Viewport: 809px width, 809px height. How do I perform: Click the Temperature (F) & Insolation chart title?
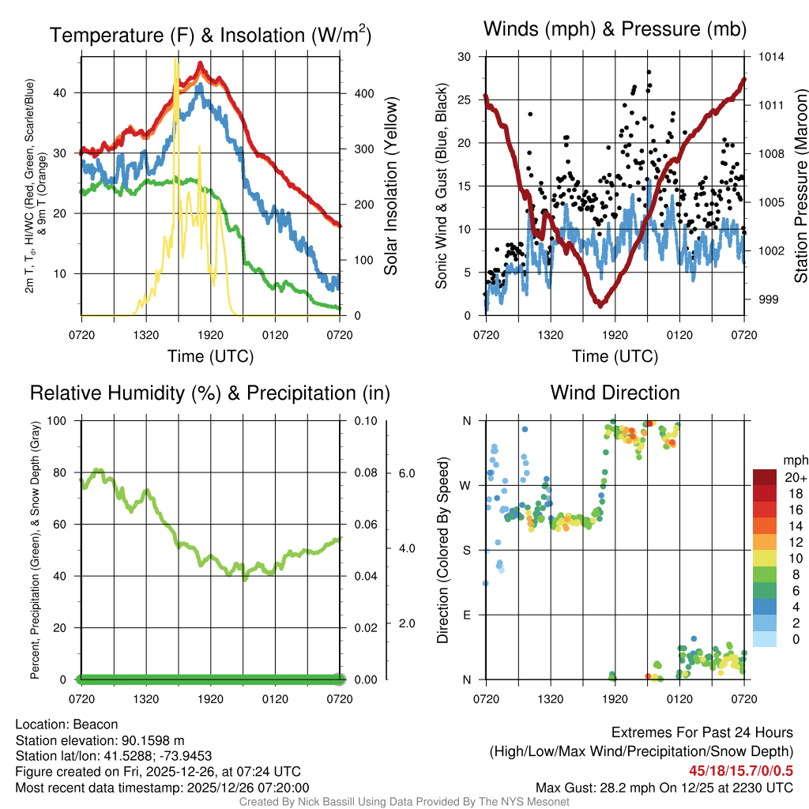pyautogui.click(x=210, y=35)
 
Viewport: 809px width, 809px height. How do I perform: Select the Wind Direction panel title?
pyautogui.click(x=615, y=393)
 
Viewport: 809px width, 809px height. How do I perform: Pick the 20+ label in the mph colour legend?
pyautogui.click(x=794, y=477)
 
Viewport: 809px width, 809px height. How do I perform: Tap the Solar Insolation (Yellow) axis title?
pyautogui.click(x=390, y=186)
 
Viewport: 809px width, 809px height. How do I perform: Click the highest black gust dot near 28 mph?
pyautogui.click(x=649, y=72)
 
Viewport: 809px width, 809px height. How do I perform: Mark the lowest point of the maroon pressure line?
pyautogui.click(x=601, y=304)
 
